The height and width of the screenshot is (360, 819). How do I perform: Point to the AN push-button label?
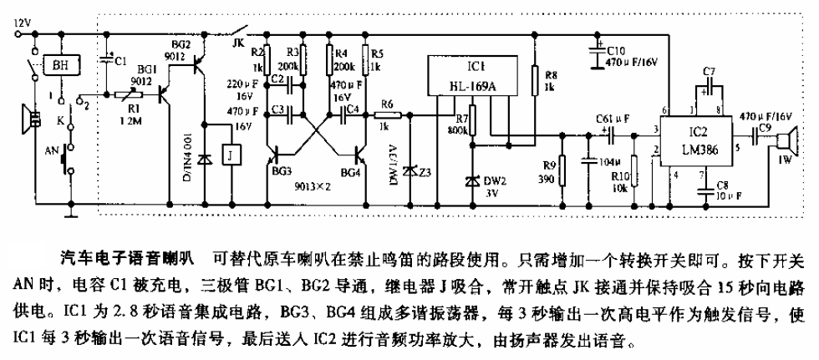[49, 153]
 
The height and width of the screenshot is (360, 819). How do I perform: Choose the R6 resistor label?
[385, 104]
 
